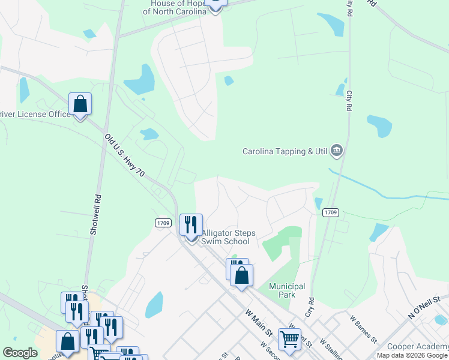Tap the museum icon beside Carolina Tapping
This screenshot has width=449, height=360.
[336, 151]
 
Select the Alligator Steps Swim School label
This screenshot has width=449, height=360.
[224, 237]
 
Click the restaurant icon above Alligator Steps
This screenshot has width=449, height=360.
[191, 225]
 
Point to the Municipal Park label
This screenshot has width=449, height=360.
[287, 290]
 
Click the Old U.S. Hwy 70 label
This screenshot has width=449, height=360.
[124, 155]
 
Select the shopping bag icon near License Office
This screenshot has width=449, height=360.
[80, 104]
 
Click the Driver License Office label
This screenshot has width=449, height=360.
[35, 114]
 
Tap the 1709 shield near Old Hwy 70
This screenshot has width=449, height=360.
[163, 223]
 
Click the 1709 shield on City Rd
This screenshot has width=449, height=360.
[331, 212]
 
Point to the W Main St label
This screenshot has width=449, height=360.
[259, 322]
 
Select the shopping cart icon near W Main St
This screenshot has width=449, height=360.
[289, 339]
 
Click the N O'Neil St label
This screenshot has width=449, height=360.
[424, 307]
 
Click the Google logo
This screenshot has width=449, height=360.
[20, 353]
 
